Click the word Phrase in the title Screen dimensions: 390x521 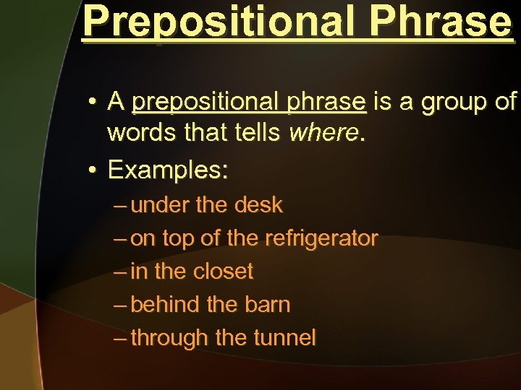click(440, 23)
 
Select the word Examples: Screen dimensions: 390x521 click(168, 170)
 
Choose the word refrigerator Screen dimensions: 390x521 click(321, 238)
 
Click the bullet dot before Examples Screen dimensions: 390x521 click(93, 171)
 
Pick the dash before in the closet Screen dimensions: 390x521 click(121, 272)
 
